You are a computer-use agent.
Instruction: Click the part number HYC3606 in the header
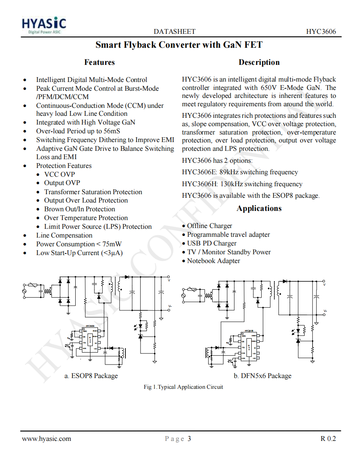(x=321, y=32)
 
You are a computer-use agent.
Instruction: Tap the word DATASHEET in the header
(x=174, y=32)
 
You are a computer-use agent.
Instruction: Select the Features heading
(x=99, y=62)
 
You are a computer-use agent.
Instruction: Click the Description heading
(x=259, y=62)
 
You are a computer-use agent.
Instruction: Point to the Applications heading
(x=259, y=208)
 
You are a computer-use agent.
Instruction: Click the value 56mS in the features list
(x=112, y=131)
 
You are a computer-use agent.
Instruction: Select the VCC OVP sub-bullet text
(x=59, y=174)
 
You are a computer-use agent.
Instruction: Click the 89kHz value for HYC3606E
(x=229, y=172)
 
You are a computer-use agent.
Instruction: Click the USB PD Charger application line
(x=211, y=243)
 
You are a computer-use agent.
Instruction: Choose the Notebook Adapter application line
(x=213, y=261)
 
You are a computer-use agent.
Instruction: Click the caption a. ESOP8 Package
(x=91, y=376)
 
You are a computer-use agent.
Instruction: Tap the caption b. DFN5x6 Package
(x=262, y=376)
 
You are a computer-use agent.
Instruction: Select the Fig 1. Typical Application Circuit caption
(x=183, y=387)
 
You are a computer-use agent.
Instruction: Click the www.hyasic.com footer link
(x=47, y=439)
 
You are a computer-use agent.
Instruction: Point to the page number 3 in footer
(x=189, y=439)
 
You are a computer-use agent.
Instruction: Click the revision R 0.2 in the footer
(x=328, y=439)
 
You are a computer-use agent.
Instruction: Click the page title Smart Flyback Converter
(x=179, y=45)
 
